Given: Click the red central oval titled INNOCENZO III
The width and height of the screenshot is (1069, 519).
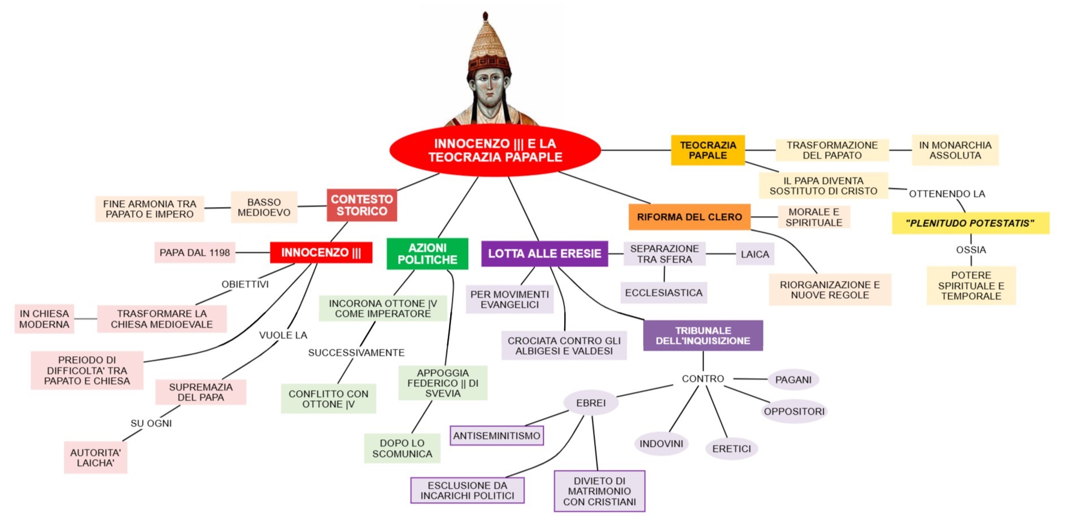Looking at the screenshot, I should pyautogui.click(x=495, y=150).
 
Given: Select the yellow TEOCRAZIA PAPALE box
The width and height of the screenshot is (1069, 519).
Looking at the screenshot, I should pyautogui.click(x=708, y=150).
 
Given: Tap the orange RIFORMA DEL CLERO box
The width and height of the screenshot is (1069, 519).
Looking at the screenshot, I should pyautogui.click(x=689, y=217).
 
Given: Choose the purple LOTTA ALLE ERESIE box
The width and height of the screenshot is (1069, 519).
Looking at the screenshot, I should pyautogui.click(x=544, y=254).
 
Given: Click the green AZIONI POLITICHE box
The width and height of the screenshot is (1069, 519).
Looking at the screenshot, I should pyautogui.click(x=427, y=254).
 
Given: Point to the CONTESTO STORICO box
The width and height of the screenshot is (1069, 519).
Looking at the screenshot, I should pyautogui.click(x=361, y=205).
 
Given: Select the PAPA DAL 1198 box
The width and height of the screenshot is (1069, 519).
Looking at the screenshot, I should pyautogui.click(x=194, y=253).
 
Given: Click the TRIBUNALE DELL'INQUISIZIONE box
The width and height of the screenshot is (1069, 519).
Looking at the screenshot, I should pyautogui.click(x=703, y=336).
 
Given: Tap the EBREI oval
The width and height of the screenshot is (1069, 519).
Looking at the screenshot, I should pyautogui.click(x=591, y=403).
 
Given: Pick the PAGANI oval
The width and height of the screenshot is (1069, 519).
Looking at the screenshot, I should pyautogui.click(x=793, y=380).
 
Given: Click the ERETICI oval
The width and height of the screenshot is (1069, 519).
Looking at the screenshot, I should pyautogui.click(x=731, y=449).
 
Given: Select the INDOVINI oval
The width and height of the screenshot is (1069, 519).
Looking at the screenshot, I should pyautogui.click(x=661, y=444).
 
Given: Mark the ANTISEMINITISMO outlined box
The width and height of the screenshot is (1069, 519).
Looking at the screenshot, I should pyautogui.click(x=497, y=436).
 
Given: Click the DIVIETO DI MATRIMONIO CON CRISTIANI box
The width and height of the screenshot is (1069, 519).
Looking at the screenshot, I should pyautogui.click(x=599, y=491).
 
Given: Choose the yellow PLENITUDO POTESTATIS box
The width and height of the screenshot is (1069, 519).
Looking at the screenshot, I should pyautogui.click(x=970, y=223).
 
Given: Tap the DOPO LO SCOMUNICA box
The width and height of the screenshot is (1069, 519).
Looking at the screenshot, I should pyautogui.click(x=402, y=448).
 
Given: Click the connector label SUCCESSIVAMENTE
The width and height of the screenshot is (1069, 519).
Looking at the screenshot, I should pyautogui.click(x=356, y=353).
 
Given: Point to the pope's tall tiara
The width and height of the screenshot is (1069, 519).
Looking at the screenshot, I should pyautogui.click(x=488, y=45).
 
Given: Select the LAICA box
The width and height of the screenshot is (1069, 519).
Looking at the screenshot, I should pyautogui.click(x=754, y=254).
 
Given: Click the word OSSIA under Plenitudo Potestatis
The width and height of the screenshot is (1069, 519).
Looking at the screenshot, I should pyautogui.click(x=971, y=250).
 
